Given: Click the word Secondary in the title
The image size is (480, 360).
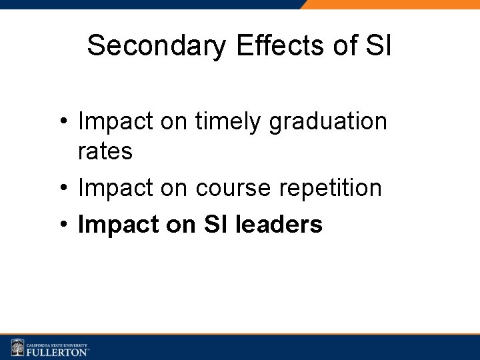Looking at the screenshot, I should pyautogui.click(x=157, y=46).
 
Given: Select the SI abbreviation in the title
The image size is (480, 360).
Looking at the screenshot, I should pyautogui.click(x=379, y=46).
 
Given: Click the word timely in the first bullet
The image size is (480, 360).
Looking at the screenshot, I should pyautogui.click(x=229, y=122).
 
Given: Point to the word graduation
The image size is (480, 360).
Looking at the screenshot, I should pyautogui.click(x=328, y=122).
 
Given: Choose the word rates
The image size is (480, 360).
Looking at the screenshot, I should pyautogui.click(x=105, y=151).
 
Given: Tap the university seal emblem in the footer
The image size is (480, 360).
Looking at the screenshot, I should pyautogui.click(x=17, y=347).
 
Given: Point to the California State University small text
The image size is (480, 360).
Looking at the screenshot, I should pyautogui.click(x=57, y=342).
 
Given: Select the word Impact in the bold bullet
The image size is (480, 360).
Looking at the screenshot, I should pyautogui.click(x=117, y=225).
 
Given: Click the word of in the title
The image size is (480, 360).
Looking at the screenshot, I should pyautogui.click(x=346, y=46).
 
